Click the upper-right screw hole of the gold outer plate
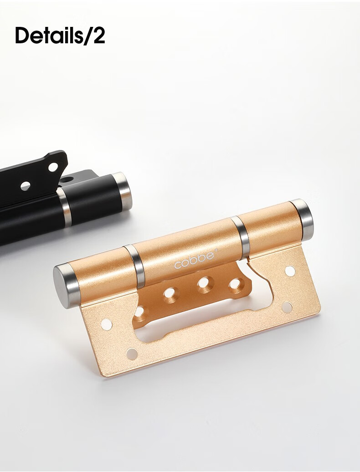click(290, 271)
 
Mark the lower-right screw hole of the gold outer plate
click(287, 308)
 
